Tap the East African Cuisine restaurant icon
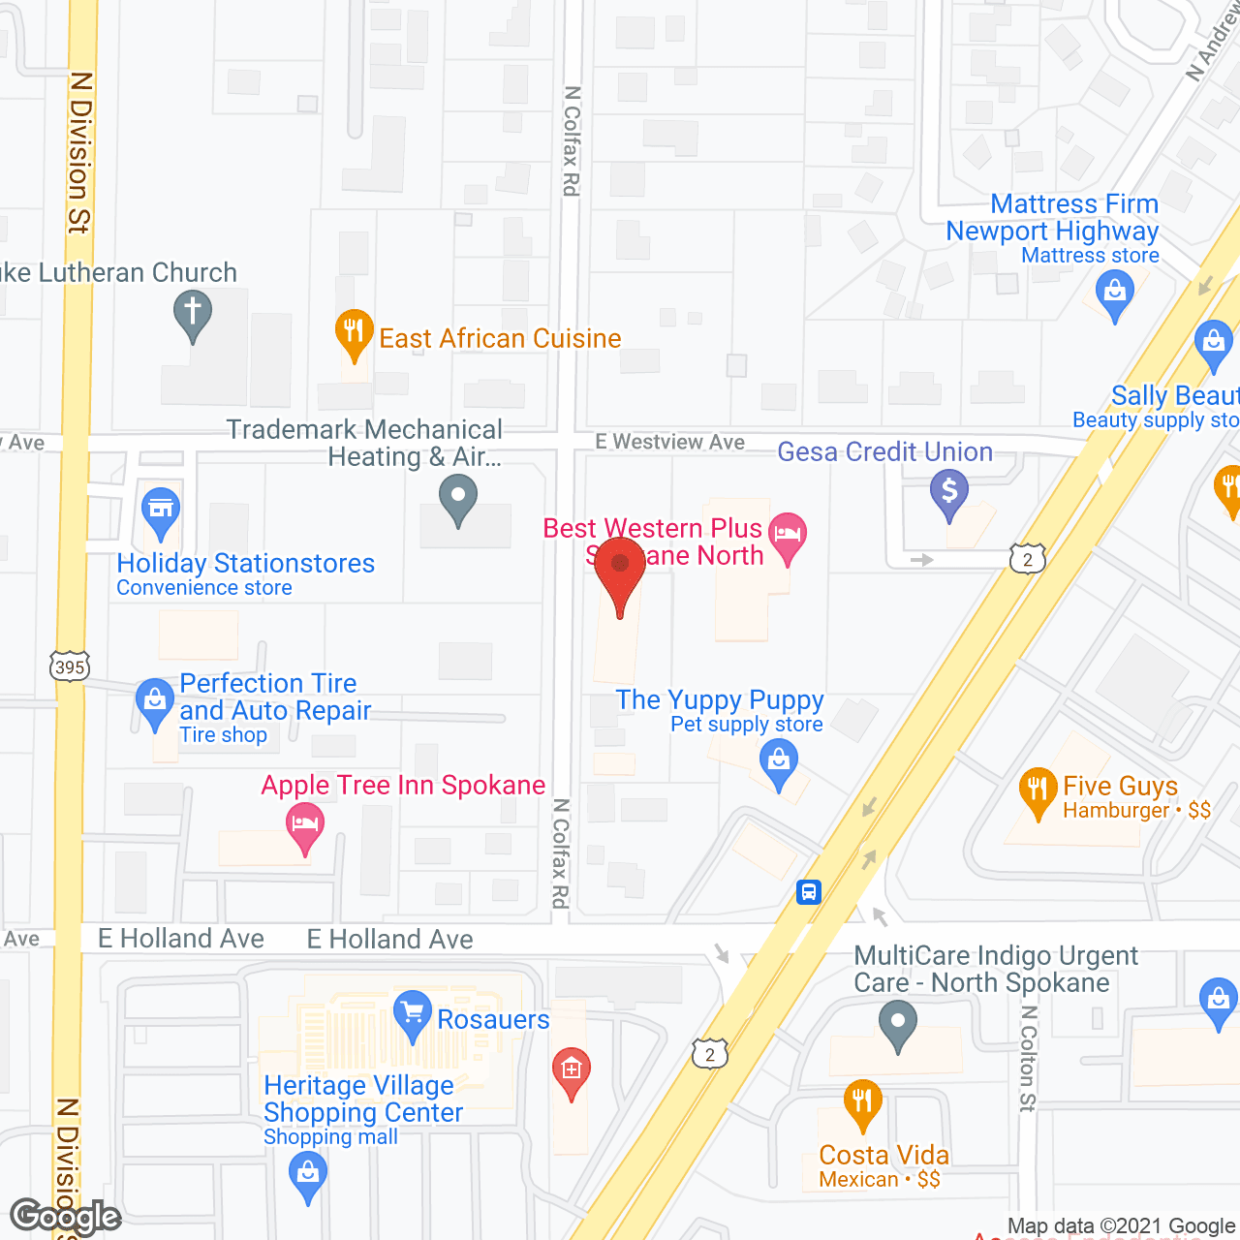(355, 331)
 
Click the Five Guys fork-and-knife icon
(1038, 790)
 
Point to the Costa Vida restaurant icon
(862, 1101)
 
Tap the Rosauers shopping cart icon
(413, 1012)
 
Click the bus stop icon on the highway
(809, 891)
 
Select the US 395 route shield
(70, 666)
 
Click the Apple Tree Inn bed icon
(305, 824)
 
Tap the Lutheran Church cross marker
(193, 313)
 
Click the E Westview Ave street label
(670, 442)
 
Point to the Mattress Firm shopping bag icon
(1115, 292)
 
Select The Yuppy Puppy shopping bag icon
(779, 760)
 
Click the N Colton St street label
(1028, 1058)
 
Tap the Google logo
(66, 1216)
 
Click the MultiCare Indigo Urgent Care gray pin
(898, 1022)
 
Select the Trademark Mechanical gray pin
(458, 499)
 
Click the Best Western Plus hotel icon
(788, 534)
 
